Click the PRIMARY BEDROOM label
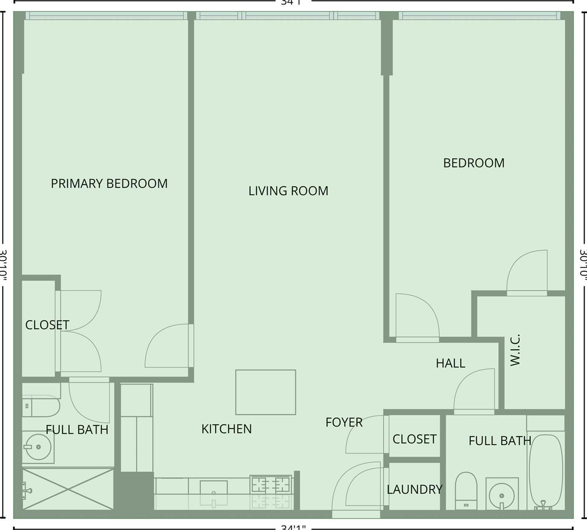[109, 183]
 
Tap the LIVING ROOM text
[288, 191]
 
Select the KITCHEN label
[226, 429]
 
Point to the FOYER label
[344, 422]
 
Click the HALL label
[450, 363]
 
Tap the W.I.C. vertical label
[515, 350]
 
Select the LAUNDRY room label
[414, 489]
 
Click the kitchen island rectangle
[265, 392]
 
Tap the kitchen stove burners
[271, 485]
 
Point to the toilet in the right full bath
[466, 491]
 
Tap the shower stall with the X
[68, 488]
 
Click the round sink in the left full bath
[38, 447]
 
